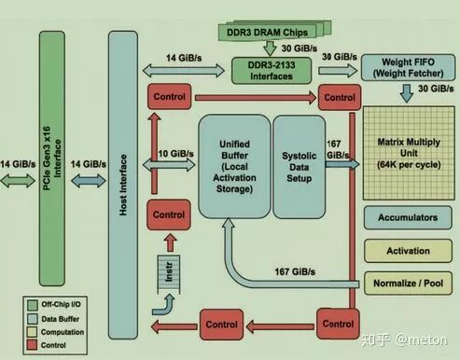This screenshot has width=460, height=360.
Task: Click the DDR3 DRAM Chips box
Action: (268, 33)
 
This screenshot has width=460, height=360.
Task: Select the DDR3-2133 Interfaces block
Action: (272, 71)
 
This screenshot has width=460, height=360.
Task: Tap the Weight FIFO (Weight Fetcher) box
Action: (408, 67)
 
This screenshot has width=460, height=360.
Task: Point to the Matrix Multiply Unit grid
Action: (409, 153)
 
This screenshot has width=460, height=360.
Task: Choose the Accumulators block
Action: (408, 217)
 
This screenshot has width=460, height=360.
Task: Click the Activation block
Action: (408, 251)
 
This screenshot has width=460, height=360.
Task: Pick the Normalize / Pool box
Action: (408, 284)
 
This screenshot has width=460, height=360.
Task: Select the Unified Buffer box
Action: (234, 167)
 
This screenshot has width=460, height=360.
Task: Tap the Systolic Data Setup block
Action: (300, 167)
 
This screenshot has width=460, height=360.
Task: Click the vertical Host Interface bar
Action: (123, 185)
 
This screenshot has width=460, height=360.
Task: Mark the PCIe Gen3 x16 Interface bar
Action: (52, 159)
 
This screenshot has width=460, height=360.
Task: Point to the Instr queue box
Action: (169, 273)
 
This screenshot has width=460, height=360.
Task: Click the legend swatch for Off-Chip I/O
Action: (32, 305)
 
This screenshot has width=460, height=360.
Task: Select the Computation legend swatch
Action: (32, 332)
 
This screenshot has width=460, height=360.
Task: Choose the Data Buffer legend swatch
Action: (32, 319)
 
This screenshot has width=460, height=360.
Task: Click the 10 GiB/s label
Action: (176, 154)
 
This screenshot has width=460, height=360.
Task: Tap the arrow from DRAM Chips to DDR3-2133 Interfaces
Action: (270, 48)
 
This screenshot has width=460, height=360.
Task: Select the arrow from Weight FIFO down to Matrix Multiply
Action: (407, 93)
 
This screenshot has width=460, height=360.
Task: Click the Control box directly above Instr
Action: (169, 215)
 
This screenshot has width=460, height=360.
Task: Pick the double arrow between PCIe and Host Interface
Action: (89, 181)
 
